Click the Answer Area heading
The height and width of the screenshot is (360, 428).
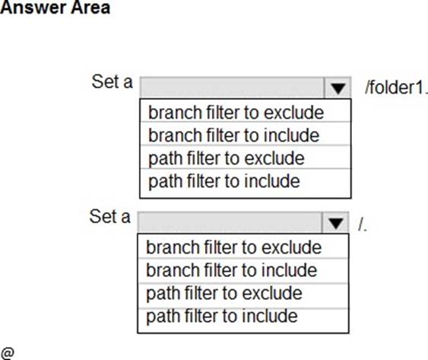(x=55, y=8)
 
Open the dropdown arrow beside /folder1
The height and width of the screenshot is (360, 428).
(x=338, y=88)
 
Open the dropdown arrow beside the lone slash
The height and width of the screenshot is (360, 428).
(x=335, y=223)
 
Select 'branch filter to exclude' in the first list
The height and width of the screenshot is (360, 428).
(x=236, y=113)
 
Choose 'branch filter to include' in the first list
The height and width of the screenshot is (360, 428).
(x=233, y=135)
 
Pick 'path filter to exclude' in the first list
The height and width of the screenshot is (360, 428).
(x=227, y=158)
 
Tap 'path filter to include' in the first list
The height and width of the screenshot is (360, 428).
(x=224, y=181)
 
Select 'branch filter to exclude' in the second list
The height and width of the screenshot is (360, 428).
(x=234, y=247)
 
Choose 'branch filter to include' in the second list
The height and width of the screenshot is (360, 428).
(x=231, y=270)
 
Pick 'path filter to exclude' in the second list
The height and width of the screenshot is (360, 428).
(x=224, y=293)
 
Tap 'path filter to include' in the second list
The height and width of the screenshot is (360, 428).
(x=222, y=316)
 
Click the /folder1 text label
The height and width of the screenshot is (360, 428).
(x=396, y=88)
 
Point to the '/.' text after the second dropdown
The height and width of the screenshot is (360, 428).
(x=363, y=225)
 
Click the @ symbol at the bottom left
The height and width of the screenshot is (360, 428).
(x=8, y=353)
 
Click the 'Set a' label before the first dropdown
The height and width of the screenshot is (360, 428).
(x=113, y=81)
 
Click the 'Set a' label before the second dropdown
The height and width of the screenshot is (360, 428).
(x=110, y=216)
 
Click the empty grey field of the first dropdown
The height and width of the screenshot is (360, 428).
(x=232, y=88)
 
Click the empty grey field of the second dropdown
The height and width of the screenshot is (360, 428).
(x=230, y=223)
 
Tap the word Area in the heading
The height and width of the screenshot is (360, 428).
(x=90, y=8)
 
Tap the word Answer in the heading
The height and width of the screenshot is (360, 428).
(x=33, y=8)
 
